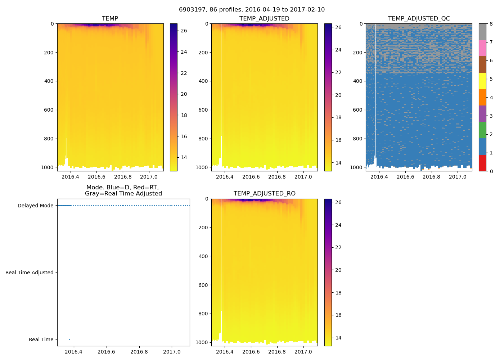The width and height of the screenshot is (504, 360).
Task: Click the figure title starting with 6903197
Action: (x=252, y=10)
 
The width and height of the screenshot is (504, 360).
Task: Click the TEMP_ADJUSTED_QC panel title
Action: (x=419, y=18)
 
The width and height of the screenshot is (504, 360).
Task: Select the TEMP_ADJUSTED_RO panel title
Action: (x=264, y=194)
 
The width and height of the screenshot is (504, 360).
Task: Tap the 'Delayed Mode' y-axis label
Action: (x=35, y=206)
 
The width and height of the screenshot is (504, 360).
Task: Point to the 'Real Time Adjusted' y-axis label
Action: (x=29, y=273)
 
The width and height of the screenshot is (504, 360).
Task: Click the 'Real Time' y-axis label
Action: (x=41, y=339)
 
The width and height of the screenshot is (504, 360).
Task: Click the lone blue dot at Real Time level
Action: (x=69, y=339)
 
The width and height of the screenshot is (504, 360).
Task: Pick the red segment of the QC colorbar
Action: (x=482, y=163)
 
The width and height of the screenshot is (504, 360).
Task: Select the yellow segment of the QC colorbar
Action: (x=482, y=81)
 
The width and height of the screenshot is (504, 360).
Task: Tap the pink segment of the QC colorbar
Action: (x=482, y=48)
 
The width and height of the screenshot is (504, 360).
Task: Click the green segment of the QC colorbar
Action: (x=482, y=130)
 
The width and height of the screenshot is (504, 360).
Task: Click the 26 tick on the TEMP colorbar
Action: (x=184, y=31)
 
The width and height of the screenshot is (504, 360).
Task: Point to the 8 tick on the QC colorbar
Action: (x=491, y=24)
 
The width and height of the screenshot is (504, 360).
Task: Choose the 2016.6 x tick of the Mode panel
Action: (x=106, y=352)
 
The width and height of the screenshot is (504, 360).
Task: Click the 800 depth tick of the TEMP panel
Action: (x=49, y=139)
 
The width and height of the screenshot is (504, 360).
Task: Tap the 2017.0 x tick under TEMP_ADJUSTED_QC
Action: (x=458, y=177)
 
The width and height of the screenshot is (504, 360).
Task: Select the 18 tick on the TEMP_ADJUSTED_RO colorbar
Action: (x=338, y=293)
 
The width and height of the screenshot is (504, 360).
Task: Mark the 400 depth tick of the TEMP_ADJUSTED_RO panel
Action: (x=203, y=256)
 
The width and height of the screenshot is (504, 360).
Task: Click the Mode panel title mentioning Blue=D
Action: (x=123, y=190)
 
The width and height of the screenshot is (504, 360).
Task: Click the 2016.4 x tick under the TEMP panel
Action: (x=70, y=177)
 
